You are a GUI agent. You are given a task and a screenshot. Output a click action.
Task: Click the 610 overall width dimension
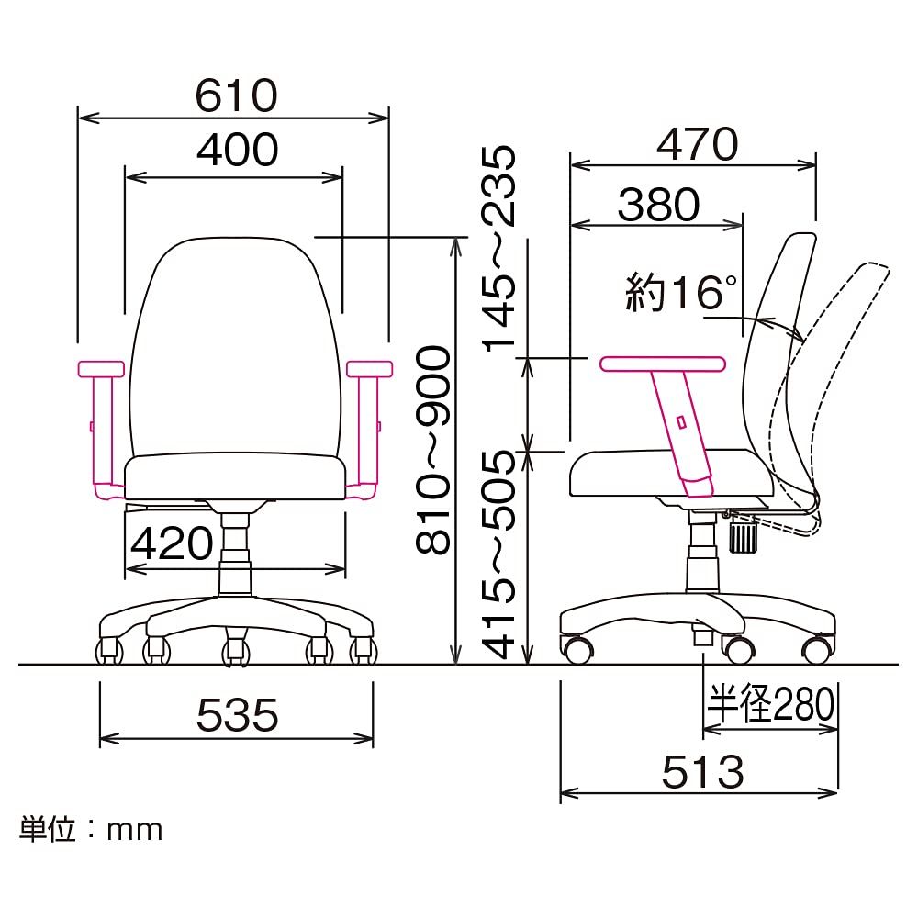(x=236, y=95)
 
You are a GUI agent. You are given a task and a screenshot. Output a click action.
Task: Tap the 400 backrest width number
(x=237, y=150)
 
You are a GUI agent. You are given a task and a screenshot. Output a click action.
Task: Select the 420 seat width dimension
(x=173, y=543)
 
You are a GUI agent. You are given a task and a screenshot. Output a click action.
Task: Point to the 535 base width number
(x=237, y=715)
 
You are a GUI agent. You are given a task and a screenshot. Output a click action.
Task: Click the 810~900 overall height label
(x=433, y=449)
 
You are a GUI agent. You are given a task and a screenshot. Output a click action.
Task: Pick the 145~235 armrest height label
(x=498, y=249)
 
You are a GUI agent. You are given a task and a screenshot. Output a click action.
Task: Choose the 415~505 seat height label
(x=498, y=554)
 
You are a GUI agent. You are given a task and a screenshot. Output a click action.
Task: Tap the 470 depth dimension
(x=697, y=144)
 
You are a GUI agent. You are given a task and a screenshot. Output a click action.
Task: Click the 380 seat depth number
(x=658, y=205)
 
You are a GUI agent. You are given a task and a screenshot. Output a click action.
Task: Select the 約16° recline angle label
(x=681, y=292)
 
